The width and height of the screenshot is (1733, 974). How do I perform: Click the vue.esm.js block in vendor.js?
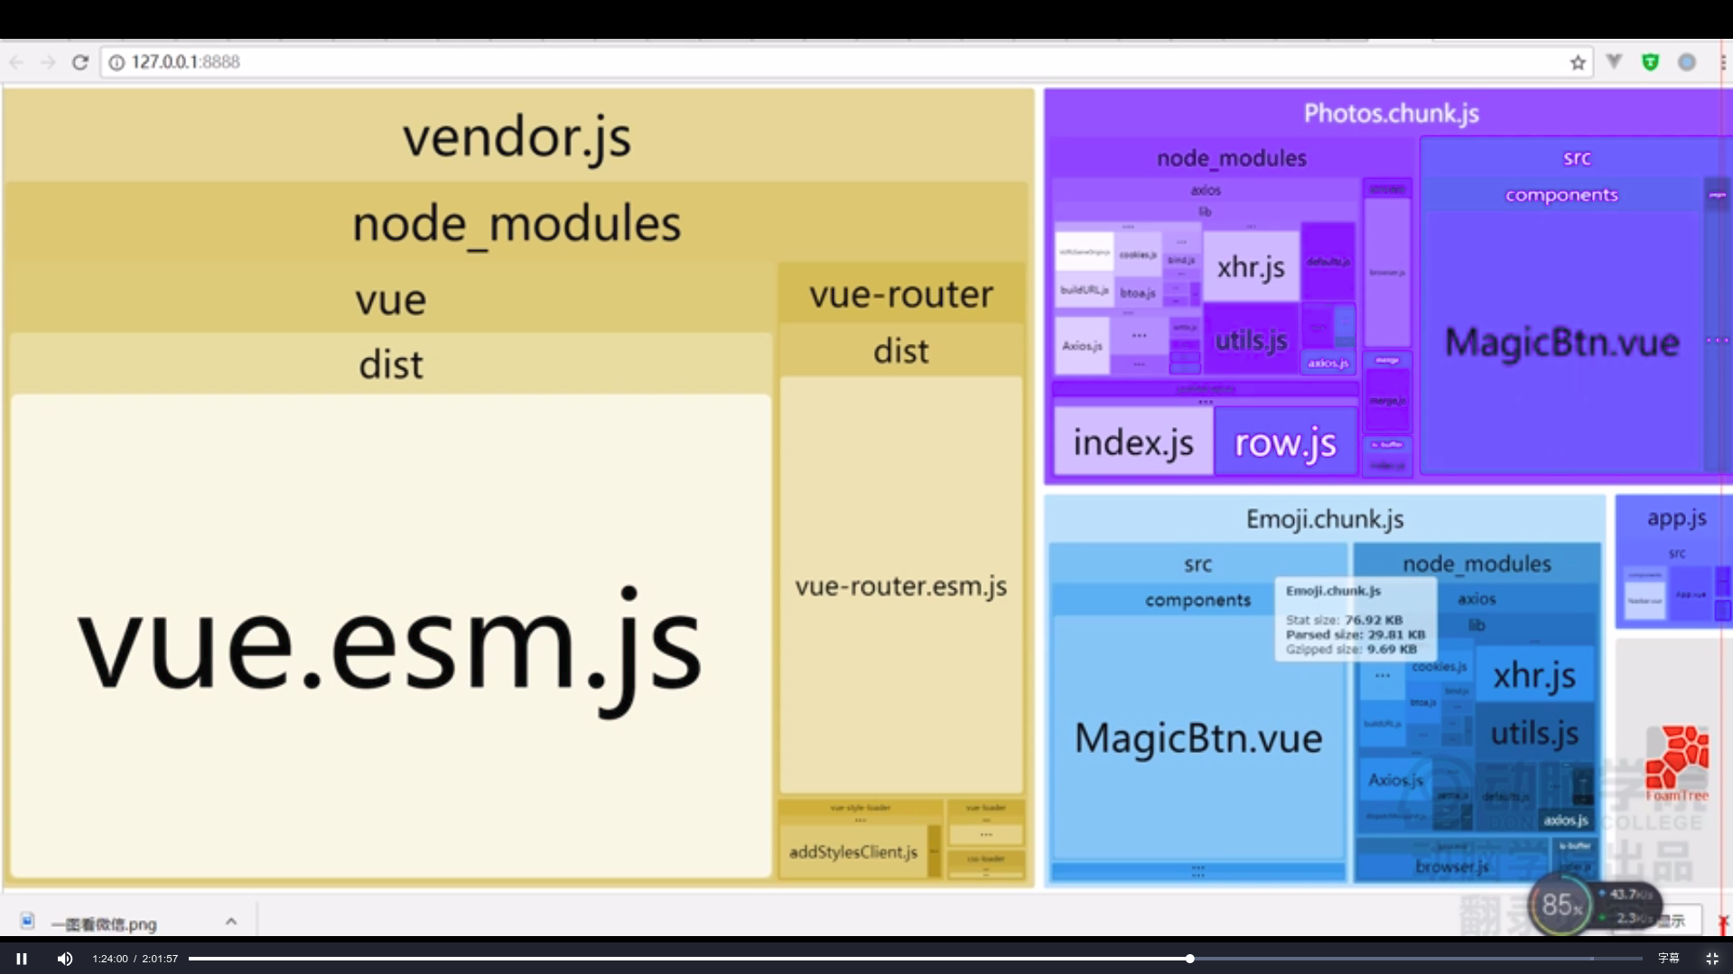point(390,645)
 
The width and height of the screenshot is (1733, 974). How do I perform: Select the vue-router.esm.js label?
point(900,587)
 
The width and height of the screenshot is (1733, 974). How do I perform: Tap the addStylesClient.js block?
point(853,851)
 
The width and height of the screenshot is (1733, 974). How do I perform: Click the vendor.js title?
point(517,138)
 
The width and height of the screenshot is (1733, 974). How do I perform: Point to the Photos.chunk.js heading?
point(1391,114)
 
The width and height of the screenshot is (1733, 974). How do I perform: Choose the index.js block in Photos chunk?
point(1132,442)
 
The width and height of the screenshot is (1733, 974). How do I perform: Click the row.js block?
point(1285,442)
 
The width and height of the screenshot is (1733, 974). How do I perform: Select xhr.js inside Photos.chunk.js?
point(1251,267)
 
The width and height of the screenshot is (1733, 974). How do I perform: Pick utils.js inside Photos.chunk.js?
point(1251,340)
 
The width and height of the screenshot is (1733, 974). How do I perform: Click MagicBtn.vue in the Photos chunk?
point(1561,343)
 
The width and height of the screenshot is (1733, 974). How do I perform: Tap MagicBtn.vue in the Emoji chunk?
point(1197,738)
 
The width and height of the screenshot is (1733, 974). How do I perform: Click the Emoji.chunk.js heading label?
point(1324,519)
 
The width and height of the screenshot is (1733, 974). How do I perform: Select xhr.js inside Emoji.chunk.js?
point(1533,675)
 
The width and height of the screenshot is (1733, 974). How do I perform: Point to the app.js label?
point(1676,518)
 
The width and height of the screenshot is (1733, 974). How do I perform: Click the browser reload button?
point(80,62)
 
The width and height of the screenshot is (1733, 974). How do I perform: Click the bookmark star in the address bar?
point(1578,62)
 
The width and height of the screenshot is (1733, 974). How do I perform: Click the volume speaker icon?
point(65,959)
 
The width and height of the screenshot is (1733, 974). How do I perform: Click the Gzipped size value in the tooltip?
point(1392,649)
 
